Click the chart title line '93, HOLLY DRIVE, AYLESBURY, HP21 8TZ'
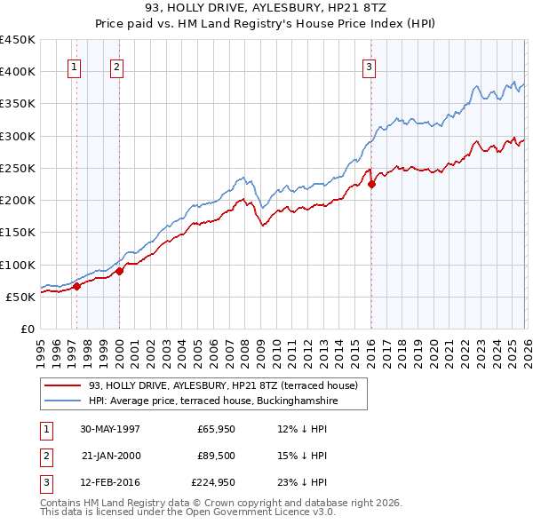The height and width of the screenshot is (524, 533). point(266,7)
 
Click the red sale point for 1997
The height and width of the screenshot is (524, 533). point(77,286)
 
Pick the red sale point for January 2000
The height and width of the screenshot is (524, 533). point(119,271)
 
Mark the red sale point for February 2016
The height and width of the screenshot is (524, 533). point(371,184)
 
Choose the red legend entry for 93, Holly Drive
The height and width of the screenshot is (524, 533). point(222,385)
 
